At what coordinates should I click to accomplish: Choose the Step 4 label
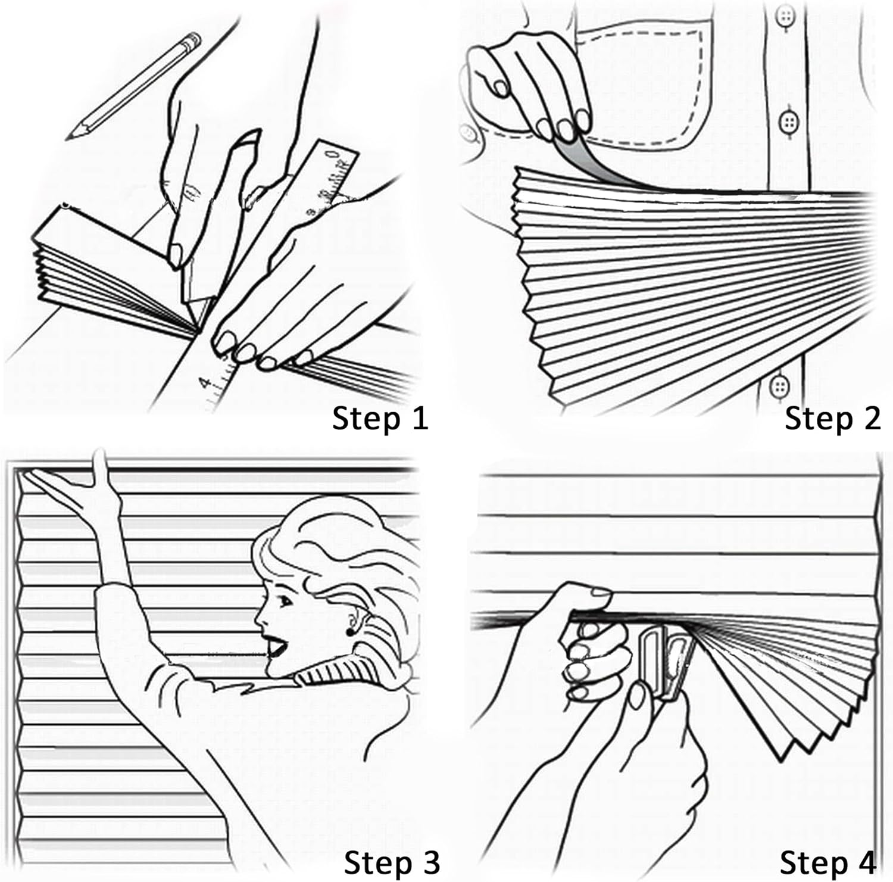click(x=827, y=861)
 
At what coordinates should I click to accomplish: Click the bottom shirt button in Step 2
click(x=779, y=387)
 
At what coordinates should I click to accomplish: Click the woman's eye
click(x=285, y=600)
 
